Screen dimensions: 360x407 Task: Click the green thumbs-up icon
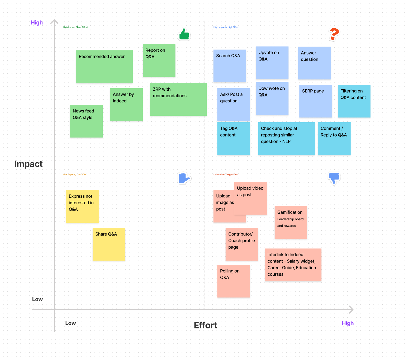click(x=184, y=35)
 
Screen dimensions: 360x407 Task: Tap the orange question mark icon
click(x=334, y=34)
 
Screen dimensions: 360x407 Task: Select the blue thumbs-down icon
click(x=334, y=178)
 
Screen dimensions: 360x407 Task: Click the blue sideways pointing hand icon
click(x=184, y=178)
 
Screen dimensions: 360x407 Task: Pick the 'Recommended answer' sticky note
click(x=104, y=67)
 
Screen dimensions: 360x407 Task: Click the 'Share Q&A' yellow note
click(x=109, y=244)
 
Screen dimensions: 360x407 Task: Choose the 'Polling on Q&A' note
click(x=233, y=281)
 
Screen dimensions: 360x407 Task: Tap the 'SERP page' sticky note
click(x=315, y=101)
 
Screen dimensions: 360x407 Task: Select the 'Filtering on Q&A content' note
click(x=354, y=101)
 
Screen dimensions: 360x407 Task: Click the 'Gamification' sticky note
click(x=291, y=222)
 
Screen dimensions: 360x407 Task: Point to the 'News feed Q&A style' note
click(x=86, y=121)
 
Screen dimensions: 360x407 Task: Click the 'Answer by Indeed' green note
click(x=126, y=105)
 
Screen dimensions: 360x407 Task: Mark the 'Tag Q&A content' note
click(x=233, y=139)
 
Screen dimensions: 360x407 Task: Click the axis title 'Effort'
click(x=205, y=325)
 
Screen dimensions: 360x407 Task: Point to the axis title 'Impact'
click(x=28, y=164)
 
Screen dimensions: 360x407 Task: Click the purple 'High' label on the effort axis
click(x=348, y=323)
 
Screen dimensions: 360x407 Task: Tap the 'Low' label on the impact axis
click(x=37, y=299)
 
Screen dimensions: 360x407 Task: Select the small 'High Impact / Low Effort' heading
click(x=75, y=27)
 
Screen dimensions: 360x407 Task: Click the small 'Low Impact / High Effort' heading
click(x=226, y=175)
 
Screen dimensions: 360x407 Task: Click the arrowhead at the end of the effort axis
click(x=351, y=310)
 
